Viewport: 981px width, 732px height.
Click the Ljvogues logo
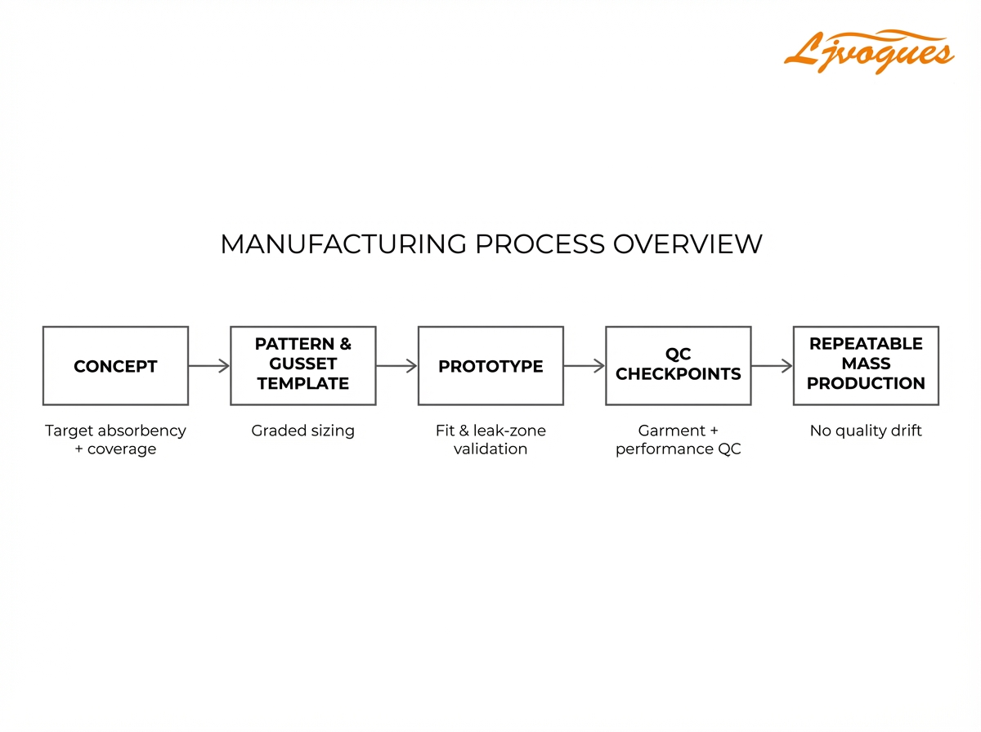[868, 51]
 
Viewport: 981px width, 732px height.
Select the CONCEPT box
[115, 366]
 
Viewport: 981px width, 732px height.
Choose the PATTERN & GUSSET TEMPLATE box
[302, 366]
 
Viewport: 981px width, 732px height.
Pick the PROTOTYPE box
[490, 366]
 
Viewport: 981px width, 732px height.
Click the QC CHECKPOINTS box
[678, 366]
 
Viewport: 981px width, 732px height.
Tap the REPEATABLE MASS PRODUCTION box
[866, 366]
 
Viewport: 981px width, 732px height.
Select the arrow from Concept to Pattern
[209, 366]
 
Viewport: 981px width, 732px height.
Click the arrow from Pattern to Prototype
[396, 366]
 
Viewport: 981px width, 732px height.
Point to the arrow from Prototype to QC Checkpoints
[585, 366]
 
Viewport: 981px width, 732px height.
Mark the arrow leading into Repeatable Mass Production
[772, 366]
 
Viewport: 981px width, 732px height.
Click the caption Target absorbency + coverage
[115, 440]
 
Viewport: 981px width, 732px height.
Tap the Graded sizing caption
[302, 431]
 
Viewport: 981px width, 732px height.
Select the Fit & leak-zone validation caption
[490, 440]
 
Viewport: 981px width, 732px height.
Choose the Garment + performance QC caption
[678, 440]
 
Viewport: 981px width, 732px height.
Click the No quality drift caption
[866, 431]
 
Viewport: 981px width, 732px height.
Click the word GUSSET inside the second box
[302, 364]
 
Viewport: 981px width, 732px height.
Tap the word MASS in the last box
[866, 364]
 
